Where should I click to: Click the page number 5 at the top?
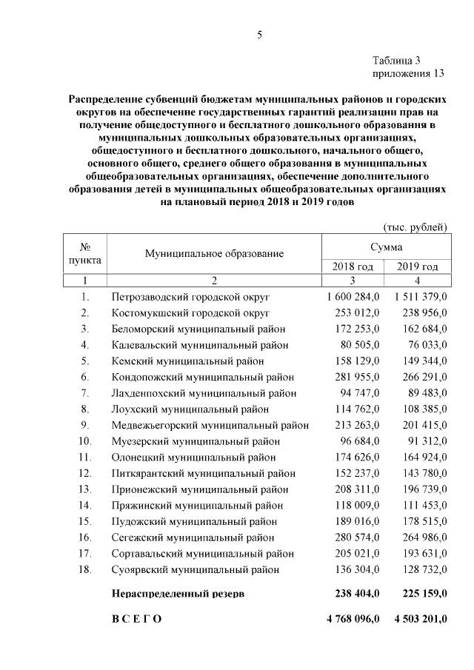coord(259,34)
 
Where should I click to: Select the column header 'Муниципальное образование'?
coord(214,253)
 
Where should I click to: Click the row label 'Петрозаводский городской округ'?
coord(190,296)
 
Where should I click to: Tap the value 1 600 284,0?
coord(353,296)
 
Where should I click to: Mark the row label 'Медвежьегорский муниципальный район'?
coord(210,425)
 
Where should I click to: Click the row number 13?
coord(85,489)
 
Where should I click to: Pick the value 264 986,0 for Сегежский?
coord(420,537)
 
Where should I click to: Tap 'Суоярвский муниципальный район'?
coord(196,569)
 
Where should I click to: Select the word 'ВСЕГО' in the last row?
coord(136,618)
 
